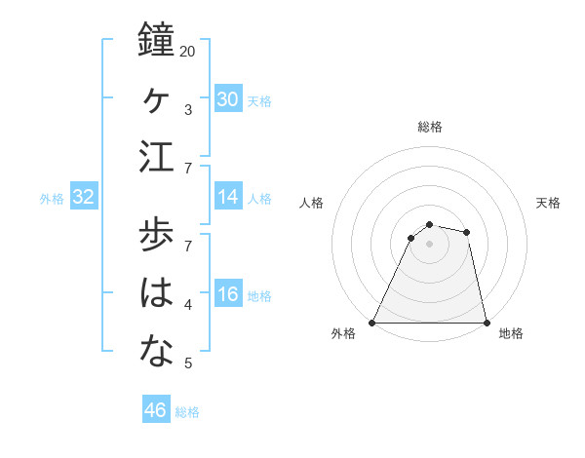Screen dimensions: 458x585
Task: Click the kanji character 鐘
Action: coord(156,41)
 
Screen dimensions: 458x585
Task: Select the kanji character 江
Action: coord(156,158)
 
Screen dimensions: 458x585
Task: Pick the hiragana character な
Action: coord(156,352)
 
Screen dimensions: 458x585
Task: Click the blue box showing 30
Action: coord(228,99)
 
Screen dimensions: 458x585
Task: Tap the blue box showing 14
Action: coord(228,197)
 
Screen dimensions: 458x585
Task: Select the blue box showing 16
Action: coord(228,294)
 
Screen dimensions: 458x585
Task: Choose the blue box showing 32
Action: coord(84,197)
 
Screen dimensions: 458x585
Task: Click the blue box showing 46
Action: coord(156,410)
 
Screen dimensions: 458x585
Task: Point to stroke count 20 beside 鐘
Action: coord(188,51)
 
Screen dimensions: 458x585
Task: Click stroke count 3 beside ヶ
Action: coord(188,109)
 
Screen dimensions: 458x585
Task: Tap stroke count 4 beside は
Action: coord(188,305)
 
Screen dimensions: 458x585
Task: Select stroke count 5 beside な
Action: coord(188,363)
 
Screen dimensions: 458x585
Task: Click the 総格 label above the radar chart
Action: coord(429,127)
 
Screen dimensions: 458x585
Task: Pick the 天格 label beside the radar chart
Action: coord(549,203)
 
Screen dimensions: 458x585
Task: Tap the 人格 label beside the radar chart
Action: coord(312,203)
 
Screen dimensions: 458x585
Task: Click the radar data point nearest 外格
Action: coord(372,323)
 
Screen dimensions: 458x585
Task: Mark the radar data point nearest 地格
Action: coord(486,323)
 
